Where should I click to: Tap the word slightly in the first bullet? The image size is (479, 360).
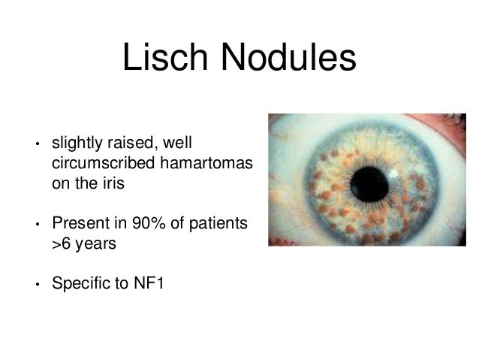[77, 142]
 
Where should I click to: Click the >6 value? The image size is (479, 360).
[61, 244]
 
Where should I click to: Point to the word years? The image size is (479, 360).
[95, 244]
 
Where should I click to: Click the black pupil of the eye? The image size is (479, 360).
[369, 182]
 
